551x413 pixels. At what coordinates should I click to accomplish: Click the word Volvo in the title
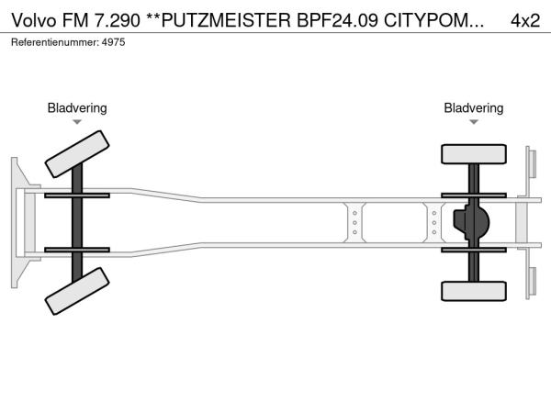(x=34, y=20)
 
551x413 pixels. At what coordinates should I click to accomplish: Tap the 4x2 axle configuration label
(x=525, y=20)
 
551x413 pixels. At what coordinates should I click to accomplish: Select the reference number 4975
(x=113, y=42)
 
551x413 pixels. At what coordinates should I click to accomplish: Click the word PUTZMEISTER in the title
(x=226, y=20)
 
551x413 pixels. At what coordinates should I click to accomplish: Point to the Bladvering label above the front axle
(x=77, y=107)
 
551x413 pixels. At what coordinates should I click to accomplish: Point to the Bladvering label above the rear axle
(x=473, y=107)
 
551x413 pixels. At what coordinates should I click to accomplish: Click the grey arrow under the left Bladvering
(x=77, y=122)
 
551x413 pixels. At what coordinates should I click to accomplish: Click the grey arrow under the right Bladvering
(x=474, y=122)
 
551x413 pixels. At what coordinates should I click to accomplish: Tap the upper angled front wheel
(x=77, y=154)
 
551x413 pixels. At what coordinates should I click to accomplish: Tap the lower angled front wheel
(x=77, y=291)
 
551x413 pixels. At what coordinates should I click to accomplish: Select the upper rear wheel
(x=474, y=154)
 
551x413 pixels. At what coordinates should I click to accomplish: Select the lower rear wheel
(x=474, y=291)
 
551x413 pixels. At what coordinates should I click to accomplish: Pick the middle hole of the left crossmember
(x=354, y=223)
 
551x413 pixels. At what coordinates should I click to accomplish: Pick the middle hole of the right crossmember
(x=434, y=223)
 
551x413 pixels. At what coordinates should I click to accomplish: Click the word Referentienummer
(x=55, y=42)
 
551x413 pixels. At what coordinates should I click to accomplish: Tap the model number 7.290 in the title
(x=117, y=20)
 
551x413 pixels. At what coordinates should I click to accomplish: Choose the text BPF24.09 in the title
(x=338, y=20)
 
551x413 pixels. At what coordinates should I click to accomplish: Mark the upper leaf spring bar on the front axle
(x=77, y=195)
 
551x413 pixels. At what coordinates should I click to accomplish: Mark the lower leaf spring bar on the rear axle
(x=474, y=250)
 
